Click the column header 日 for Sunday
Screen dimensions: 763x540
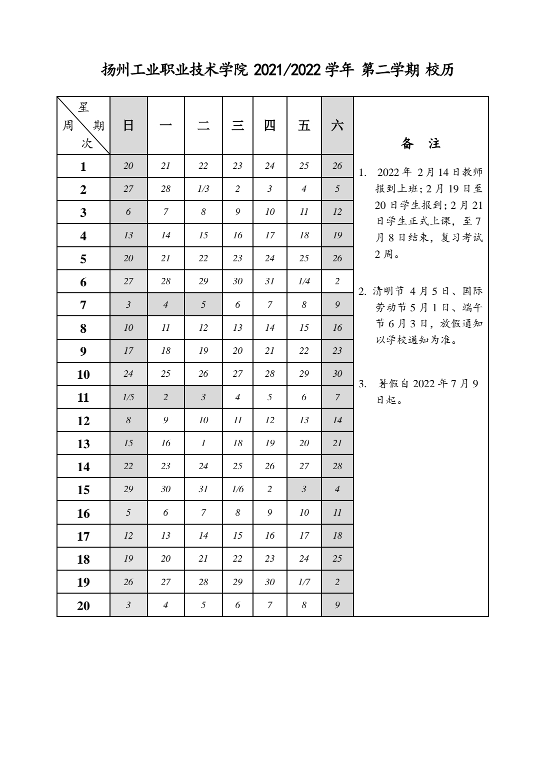tap(128, 125)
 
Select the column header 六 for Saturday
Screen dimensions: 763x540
tap(337, 125)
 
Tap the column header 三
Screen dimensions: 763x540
tap(237, 125)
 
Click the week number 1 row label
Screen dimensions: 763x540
tap(83, 166)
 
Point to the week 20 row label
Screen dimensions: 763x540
tap(83, 606)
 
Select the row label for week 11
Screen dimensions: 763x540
tap(83, 398)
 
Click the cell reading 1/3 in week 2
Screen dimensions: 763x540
tap(203, 189)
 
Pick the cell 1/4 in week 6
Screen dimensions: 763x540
tap(304, 281)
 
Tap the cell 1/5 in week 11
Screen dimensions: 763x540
tap(128, 397)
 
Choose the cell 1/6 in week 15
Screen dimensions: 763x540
tap(237, 489)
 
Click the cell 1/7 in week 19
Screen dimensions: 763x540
tap(304, 582)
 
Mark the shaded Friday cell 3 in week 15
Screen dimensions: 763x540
tap(304, 489)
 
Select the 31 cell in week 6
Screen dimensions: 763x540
tap(270, 281)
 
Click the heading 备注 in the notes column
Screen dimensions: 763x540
tap(420, 144)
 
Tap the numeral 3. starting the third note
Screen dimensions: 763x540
tap(363, 384)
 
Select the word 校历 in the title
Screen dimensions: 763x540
tap(439, 70)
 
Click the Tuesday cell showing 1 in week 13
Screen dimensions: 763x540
tap(203, 443)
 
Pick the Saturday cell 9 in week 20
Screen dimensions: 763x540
tap(337, 605)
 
